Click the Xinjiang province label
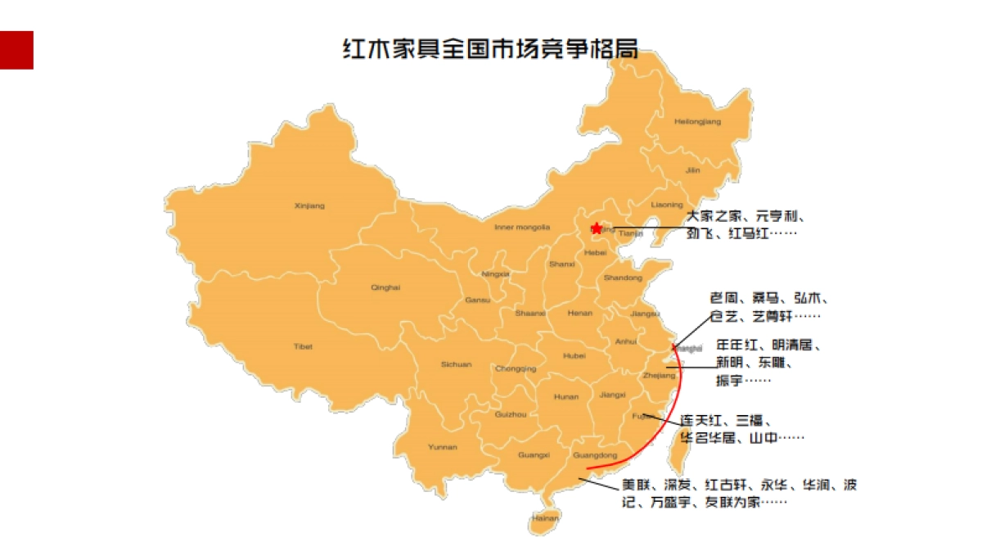click(309, 205)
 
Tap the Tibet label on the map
click(303, 346)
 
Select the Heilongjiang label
click(697, 122)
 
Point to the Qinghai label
click(385, 287)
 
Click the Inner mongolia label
click(522, 227)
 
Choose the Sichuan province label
click(456, 364)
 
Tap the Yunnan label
click(443, 447)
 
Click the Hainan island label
click(545, 517)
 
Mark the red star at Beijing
click(597, 228)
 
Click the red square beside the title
click(16, 50)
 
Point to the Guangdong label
click(596, 455)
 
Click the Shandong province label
click(624, 278)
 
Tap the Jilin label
click(693, 170)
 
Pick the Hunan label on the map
click(566, 397)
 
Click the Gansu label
click(477, 300)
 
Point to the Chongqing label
click(516, 368)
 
